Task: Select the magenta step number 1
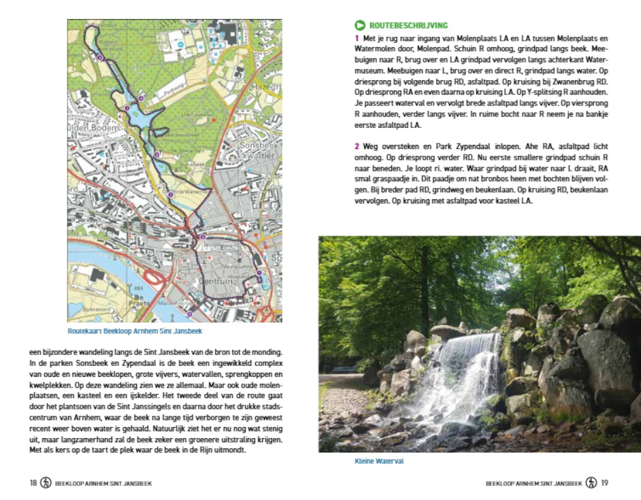[356, 38]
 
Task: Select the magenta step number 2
[356, 146]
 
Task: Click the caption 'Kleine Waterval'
[379, 461]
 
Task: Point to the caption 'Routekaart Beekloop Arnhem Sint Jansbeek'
[135, 332]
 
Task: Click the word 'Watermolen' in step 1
[380, 49]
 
